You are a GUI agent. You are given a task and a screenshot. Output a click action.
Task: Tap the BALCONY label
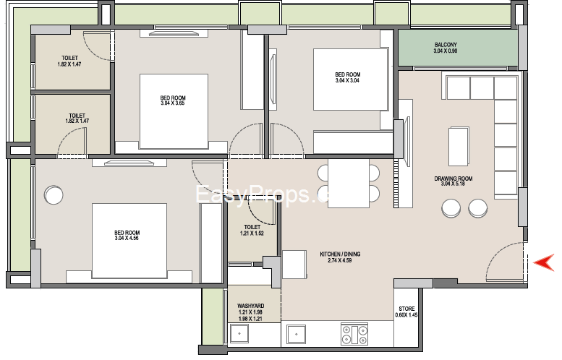point(446,45)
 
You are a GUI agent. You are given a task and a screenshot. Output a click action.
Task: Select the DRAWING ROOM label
point(453,179)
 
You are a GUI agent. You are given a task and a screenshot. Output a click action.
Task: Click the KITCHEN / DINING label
point(340,254)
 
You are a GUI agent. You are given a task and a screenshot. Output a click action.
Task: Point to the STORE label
point(406,309)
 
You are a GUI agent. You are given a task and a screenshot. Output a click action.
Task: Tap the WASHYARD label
point(250,306)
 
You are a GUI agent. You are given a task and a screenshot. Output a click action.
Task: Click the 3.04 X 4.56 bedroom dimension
point(127,238)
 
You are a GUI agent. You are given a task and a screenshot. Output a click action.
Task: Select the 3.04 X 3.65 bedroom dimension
point(173,103)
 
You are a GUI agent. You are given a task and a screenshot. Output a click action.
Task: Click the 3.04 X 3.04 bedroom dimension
point(347,80)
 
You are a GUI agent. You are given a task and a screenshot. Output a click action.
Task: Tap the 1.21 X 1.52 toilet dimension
point(252,233)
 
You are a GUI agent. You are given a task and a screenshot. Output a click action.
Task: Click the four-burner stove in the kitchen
point(354,334)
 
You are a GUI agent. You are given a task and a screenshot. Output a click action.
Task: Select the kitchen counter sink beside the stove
point(296,334)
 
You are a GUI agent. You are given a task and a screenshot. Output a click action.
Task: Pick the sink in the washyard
point(239,333)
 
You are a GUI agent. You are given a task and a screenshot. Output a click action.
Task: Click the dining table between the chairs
point(349,183)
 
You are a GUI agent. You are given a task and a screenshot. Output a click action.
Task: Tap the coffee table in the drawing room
point(459,146)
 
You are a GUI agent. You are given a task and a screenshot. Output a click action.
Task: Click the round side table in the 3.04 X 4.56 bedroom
point(54,195)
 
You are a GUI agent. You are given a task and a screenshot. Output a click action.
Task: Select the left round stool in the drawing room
point(451,208)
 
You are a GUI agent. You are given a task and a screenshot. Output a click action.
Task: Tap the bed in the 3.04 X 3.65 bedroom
point(174,111)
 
